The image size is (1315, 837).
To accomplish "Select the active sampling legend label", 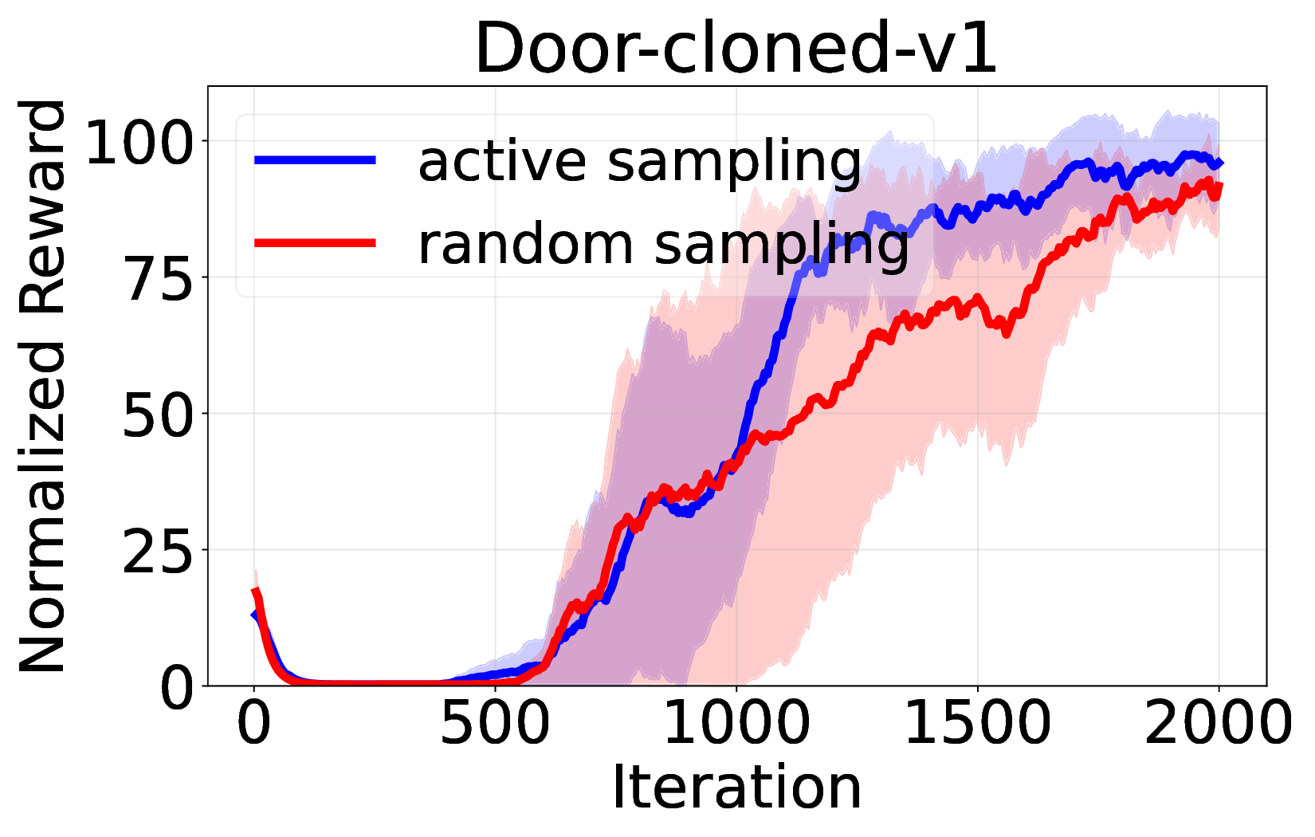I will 639,161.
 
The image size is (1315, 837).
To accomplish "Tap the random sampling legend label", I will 663,243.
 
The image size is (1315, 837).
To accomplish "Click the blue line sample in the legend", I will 315,160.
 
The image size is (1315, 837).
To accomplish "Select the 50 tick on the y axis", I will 159,414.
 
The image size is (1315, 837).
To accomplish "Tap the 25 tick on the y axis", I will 159,550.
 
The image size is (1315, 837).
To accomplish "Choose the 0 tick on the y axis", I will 177,687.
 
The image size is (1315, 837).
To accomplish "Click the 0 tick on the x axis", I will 254,724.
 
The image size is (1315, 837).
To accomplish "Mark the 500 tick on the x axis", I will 495,724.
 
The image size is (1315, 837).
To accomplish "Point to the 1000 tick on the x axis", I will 736,724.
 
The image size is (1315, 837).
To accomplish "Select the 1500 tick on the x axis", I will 978,724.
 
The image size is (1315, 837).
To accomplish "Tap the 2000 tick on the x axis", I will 1219,724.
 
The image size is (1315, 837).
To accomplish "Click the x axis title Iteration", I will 736,788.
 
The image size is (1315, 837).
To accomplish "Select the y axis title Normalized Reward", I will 44,386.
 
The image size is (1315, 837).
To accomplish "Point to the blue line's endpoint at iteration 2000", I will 1219,163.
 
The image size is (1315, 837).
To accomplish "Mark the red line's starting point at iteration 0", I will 255,591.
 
